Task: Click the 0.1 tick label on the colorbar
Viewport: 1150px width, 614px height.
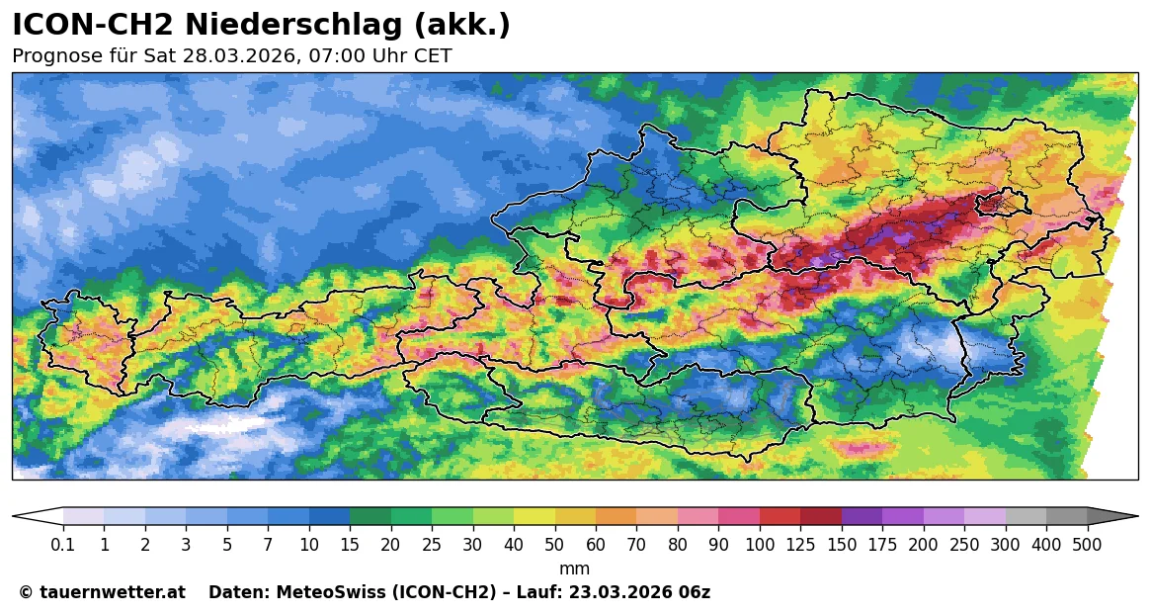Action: (63, 545)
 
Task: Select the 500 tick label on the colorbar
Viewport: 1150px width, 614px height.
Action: (1087, 545)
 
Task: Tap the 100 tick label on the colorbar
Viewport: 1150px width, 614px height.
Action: (760, 545)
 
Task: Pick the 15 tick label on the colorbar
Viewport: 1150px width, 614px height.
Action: (350, 545)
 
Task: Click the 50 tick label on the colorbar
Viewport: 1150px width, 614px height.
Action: (514, 545)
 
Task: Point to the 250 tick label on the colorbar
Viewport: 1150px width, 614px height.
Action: (964, 545)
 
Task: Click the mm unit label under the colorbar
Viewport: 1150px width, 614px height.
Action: (574, 569)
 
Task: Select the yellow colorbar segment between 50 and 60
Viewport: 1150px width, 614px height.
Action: (534, 516)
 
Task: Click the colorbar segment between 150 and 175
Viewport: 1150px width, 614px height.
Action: (862, 516)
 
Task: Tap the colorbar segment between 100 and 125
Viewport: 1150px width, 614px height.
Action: (780, 516)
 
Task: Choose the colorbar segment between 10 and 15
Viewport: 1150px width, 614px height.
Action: (329, 516)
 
